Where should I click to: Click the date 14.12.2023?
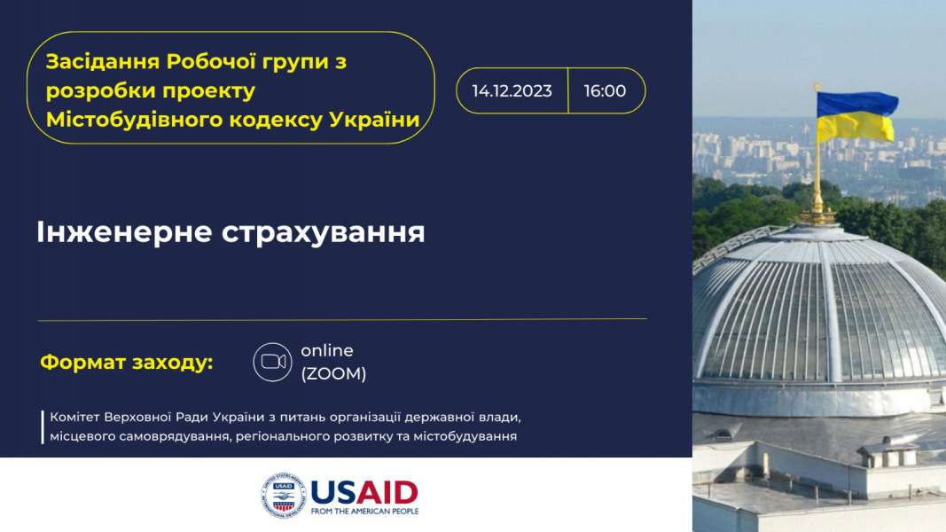512,91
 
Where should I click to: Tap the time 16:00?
606,91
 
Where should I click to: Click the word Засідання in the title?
103,62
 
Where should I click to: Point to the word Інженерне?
124,232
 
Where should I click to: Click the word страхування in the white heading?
324,233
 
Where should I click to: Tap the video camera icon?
273,362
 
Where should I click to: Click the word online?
327,350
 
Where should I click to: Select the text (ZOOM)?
333,374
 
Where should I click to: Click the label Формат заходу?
127,363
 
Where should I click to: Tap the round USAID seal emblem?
284,496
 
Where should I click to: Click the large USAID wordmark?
364,493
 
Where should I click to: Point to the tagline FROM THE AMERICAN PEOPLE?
364,512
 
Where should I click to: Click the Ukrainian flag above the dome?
856,116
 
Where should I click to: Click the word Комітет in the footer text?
74,418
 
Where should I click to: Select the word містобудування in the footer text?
465,436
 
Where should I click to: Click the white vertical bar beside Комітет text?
43,427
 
